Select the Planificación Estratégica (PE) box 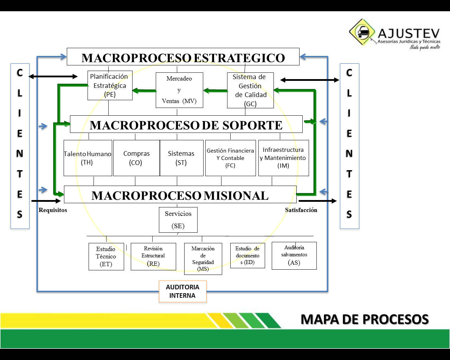(110, 85)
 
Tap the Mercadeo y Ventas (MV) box (179, 90)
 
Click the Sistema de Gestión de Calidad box (250, 90)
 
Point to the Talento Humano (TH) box (88, 158)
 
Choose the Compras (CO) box (136, 158)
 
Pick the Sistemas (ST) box (181, 158)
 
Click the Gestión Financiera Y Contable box (230, 158)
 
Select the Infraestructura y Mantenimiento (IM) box (283, 158)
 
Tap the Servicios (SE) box (178, 220)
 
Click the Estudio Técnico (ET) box (106, 257)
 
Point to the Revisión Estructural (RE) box (153, 257)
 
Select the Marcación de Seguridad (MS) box (203, 259)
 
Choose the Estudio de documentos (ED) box (247, 256)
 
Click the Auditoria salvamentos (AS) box (294, 256)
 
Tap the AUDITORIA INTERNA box (182, 291)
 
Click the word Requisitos (53, 210)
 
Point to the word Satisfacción (301, 210)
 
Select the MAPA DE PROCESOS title (365, 319)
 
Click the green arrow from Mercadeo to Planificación (144, 91)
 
